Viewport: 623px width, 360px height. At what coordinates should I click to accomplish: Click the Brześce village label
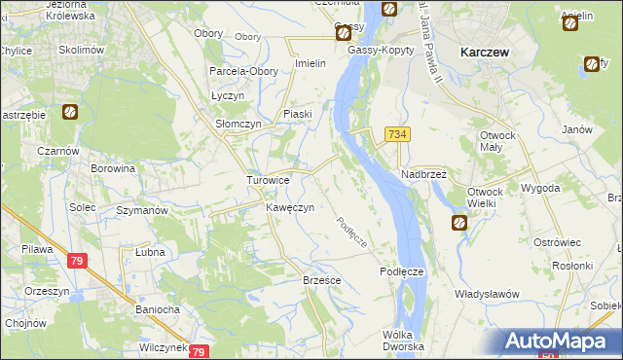click(x=321, y=279)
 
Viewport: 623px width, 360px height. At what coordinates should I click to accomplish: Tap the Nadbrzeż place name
click(x=423, y=174)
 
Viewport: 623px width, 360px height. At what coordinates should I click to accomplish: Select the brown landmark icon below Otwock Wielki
click(x=459, y=223)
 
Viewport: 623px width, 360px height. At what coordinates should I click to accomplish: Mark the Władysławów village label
click(x=487, y=293)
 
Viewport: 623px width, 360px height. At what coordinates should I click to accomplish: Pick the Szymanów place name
click(x=142, y=209)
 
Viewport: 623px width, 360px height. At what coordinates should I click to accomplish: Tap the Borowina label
click(x=112, y=168)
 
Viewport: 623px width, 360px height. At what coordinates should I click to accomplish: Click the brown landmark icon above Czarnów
click(x=70, y=112)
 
